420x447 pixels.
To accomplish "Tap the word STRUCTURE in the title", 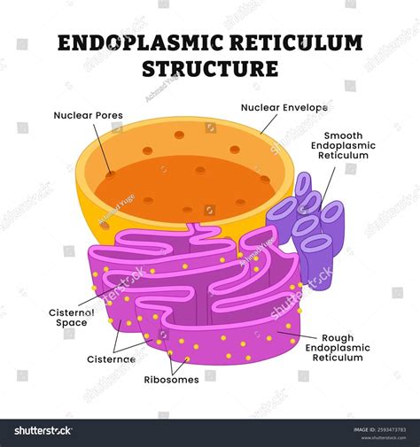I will (x=210, y=68).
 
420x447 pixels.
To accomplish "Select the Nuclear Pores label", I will (x=88, y=115).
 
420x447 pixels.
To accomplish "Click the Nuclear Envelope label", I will (x=284, y=107).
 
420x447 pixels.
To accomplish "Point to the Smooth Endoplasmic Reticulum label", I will (x=343, y=145).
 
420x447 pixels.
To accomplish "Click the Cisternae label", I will (x=111, y=359).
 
